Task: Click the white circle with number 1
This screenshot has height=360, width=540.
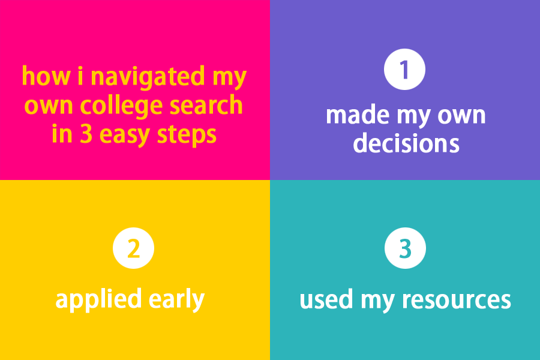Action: pyautogui.click(x=404, y=69)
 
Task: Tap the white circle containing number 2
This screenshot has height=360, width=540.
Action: pyautogui.click(x=133, y=248)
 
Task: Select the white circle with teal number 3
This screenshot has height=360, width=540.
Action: pyautogui.click(x=405, y=248)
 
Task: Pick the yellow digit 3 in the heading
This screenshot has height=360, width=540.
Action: pyautogui.click(x=86, y=134)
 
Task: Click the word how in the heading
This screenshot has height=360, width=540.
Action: pyautogui.click(x=46, y=76)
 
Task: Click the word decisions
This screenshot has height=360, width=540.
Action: pyautogui.click(x=406, y=143)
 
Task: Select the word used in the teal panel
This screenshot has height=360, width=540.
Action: pyautogui.click(x=326, y=299)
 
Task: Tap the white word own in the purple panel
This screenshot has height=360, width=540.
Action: pyautogui.click(x=461, y=115)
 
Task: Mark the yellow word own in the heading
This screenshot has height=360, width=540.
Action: pyautogui.click(x=49, y=106)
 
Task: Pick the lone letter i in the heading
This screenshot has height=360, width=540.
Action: pyautogui.click(x=80, y=76)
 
